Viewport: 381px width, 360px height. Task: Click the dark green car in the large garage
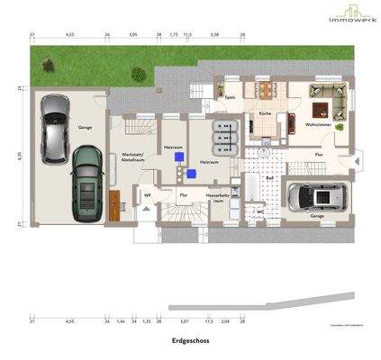87,182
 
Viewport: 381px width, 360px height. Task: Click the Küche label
265,114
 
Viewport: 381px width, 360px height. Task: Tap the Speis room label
231,97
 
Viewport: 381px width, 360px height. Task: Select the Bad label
269,178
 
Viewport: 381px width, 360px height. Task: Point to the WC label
259,211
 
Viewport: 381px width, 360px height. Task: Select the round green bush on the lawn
137,74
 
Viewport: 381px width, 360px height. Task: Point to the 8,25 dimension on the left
19,156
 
